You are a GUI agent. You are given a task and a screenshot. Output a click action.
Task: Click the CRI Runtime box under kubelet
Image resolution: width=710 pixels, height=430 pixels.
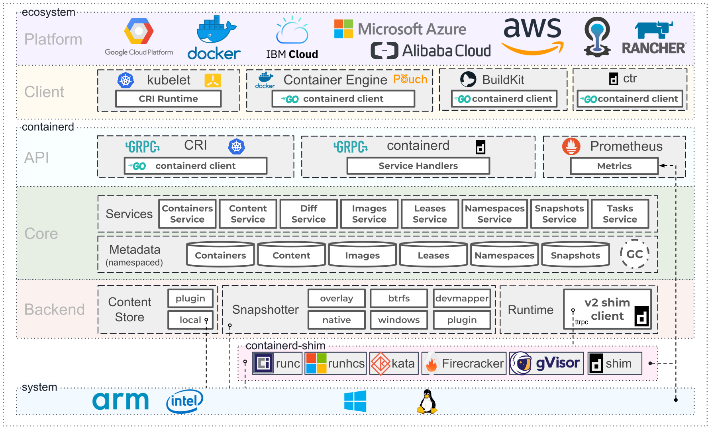(x=168, y=99)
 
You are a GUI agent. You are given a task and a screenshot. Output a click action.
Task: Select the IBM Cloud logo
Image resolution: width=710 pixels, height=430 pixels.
(x=292, y=38)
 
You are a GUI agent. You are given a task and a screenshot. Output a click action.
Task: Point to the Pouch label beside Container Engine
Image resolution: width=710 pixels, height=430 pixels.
(x=410, y=79)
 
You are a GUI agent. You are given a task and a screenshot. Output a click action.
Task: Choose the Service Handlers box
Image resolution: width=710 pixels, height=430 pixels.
(x=418, y=166)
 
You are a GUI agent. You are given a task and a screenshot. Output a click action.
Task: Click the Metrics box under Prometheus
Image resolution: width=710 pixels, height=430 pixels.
(x=614, y=166)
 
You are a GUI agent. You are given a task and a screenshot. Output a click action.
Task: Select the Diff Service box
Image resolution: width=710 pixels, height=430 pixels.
(x=308, y=214)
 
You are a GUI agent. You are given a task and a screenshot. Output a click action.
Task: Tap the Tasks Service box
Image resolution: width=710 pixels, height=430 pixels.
(x=620, y=214)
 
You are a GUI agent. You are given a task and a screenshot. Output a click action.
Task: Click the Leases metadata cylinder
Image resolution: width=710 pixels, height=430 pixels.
(x=433, y=255)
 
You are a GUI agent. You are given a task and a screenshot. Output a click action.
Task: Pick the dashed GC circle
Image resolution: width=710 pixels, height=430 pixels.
(x=634, y=254)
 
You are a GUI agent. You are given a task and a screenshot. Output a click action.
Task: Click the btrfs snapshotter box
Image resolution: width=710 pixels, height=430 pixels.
(x=399, y=298)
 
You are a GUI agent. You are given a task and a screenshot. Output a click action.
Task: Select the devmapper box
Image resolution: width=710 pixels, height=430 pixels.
(x=462, y=298)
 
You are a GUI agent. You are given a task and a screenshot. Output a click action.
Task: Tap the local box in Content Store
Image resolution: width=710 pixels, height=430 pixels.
(x=190, y=320)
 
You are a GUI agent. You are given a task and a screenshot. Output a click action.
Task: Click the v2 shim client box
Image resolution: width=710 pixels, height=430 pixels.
(x=607, y=309)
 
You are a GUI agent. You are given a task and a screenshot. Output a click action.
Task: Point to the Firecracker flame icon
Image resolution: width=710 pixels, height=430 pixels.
(x=431, y=364)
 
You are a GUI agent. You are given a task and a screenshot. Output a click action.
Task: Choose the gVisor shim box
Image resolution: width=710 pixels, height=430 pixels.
(x=546, y=363)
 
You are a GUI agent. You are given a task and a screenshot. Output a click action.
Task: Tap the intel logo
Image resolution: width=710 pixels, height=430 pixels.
(x=184, y=401)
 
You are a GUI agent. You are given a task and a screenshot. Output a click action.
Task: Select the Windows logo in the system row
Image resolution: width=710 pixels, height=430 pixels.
(x=355, y=401)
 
